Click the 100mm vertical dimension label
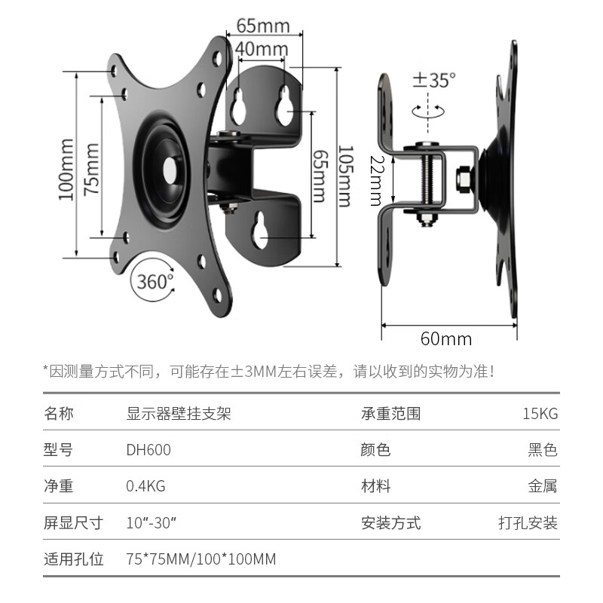coord(66,169)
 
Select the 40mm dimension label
coord(261,49)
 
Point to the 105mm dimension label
coord(344,176)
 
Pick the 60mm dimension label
coord(446,338)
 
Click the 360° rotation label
coord(155,282)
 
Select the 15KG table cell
coord(540,414)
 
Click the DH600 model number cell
coord(148,450)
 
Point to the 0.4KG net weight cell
coord(145,486)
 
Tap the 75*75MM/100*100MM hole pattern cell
coord(200,559)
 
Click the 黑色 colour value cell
coord(543,450)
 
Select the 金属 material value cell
coord(543,486)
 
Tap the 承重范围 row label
coord(391,414)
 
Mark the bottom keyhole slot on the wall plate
coord(262,231)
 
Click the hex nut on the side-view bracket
coord(464,180)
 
